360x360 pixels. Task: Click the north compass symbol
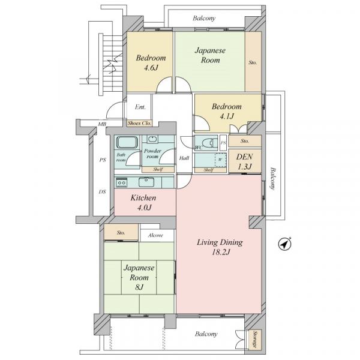coord(284,244)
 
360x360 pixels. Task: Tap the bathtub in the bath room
coord(128,142)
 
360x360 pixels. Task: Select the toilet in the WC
coord(210,142)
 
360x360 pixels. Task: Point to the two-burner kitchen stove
coord(121,183)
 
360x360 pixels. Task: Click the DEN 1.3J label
coord(245,161)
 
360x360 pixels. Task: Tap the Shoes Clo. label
coord(139,123)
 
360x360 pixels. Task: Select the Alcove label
coord(155,235)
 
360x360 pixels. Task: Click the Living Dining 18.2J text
coord(220,247)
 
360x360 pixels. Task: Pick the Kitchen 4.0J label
coord(143,203)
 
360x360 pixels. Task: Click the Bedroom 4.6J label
coord(151,62)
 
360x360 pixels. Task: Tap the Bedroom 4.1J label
coord(227,112)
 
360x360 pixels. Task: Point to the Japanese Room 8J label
coord(139,277)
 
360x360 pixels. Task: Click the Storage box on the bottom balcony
coord(254,340)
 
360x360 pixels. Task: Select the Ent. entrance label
coord(140,107)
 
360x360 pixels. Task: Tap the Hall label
coord(184,158)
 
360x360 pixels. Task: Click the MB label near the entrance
coord(102,124)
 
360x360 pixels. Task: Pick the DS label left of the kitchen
coord(103,191)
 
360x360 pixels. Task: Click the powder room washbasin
coord(152,139)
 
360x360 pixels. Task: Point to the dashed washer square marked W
coord(221,160)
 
